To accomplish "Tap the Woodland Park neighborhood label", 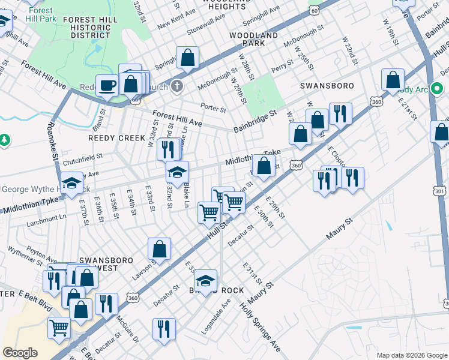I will (x=255, y=40).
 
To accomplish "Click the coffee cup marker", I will (x=107, y=85).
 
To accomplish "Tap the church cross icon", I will (x=176, y=86).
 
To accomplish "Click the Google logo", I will (x=20, y=353).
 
